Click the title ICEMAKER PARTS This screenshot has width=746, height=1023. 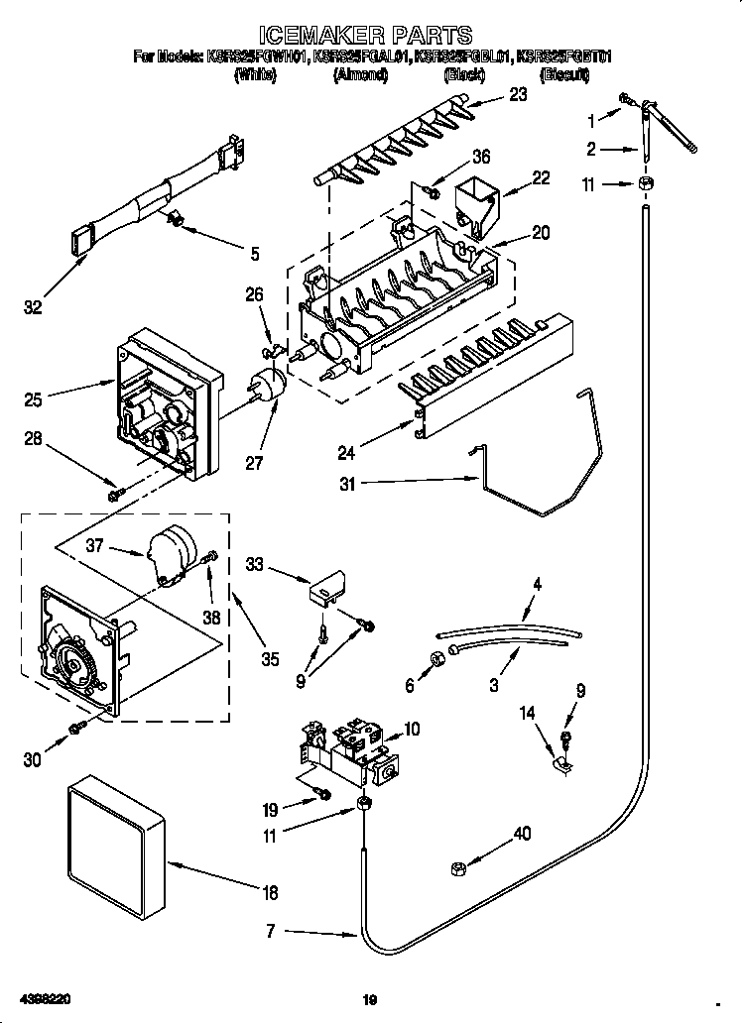(372, 37)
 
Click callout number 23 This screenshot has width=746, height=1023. (517, 95)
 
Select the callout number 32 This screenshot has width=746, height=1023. (34, 308)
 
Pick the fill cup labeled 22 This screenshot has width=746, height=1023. (476, 203)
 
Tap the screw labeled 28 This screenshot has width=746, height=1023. (116, 490)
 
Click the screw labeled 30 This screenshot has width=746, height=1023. (75, 731)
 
